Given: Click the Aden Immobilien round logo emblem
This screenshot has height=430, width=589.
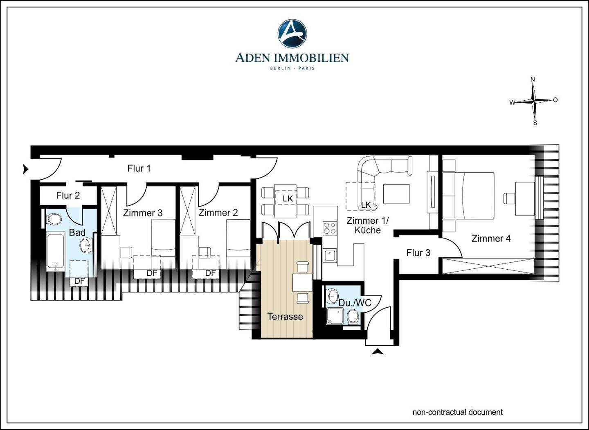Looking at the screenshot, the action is pos(292,34).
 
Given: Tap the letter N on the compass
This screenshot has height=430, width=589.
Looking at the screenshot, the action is pos(533,79).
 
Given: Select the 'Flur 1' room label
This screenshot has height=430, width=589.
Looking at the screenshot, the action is pos(139,168).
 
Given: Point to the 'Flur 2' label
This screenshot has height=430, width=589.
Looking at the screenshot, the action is pos(68,196).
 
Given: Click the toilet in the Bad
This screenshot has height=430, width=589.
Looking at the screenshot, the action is pos(54,219).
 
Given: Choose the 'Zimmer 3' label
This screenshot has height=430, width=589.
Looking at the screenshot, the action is pos(142,213).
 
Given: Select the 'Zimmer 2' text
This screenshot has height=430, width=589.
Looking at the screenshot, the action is pos(218,212).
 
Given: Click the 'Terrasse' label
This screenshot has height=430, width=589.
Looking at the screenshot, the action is pos(285,316).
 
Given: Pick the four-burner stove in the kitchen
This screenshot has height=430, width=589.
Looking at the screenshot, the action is pos(330,228).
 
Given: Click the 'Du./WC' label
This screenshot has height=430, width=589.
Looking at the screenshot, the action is pos(355,303).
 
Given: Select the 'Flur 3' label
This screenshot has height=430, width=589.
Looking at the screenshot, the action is pos(418,253).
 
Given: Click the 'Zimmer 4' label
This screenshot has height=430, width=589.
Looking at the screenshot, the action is pos(491,239).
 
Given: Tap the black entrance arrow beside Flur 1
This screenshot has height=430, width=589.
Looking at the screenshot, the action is pos(25,169).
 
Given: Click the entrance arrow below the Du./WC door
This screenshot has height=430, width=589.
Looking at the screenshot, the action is pos(378,351).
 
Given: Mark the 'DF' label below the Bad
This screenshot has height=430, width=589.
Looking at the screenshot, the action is pos(79,281).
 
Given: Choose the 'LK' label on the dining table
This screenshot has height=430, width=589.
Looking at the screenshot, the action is pos(288,199).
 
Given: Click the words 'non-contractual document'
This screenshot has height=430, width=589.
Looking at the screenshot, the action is pos(458,412).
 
